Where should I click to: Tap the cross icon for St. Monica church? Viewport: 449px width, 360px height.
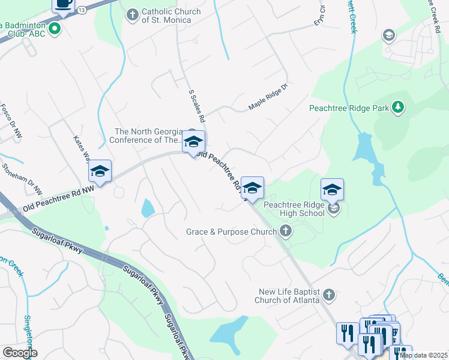(x=133, y=13)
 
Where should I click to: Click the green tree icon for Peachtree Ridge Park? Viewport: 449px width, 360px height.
(x=397, y=108)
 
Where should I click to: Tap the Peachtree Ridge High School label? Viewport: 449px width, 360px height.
(x=294, y=209)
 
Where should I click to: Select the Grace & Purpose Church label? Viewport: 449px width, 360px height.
(x=231, y=230)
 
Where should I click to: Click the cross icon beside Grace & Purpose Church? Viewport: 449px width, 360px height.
(x=286, y=230)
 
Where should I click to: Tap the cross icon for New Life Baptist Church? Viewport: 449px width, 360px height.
(x=328, y=295)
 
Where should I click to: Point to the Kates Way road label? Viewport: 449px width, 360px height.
(x=82, y=149)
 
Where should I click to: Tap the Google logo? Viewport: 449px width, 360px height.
(x=20, y=353)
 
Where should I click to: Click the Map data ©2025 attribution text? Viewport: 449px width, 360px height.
(x=424, y=355)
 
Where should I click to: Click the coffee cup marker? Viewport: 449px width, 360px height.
(x=63, y=4)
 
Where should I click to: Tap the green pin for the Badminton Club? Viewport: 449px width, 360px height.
(x=55, y=28)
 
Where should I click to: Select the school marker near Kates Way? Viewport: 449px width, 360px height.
(x=100, y=172)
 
